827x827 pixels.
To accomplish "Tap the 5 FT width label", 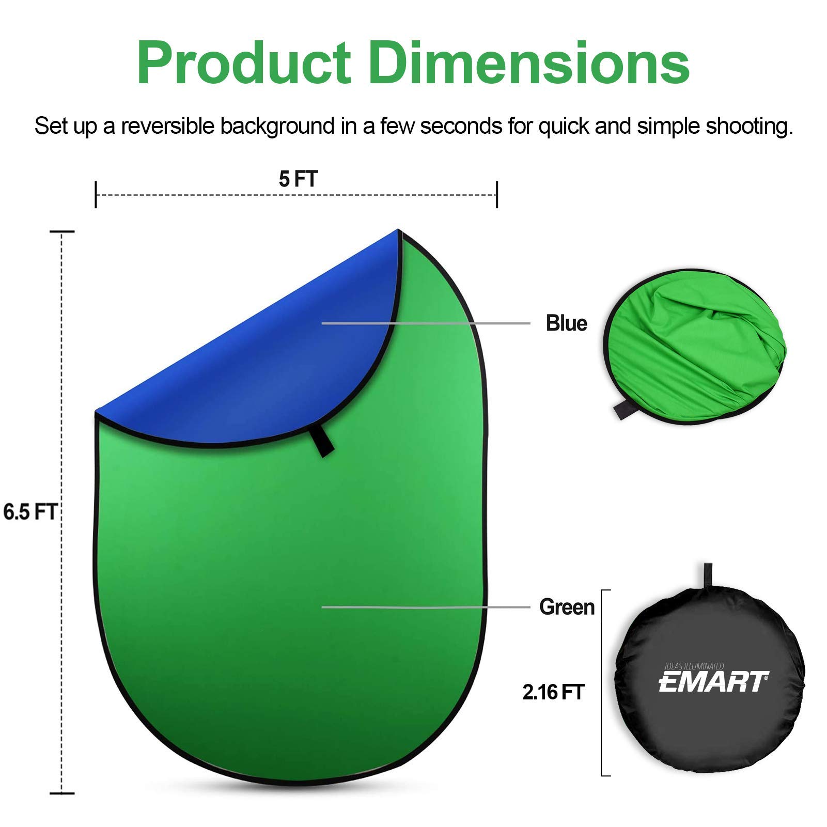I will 298,179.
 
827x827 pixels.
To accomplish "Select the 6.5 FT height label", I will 29,512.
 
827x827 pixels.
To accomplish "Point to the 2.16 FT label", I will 553,692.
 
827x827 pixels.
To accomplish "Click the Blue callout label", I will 566,323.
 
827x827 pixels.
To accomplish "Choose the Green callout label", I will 567,607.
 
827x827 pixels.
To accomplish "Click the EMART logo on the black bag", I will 713,682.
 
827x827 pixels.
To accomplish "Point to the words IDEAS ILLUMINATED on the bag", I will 694,666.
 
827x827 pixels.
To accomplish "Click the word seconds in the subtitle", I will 461,127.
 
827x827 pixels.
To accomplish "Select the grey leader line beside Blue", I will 426,323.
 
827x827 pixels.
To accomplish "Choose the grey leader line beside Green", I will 426,607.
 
